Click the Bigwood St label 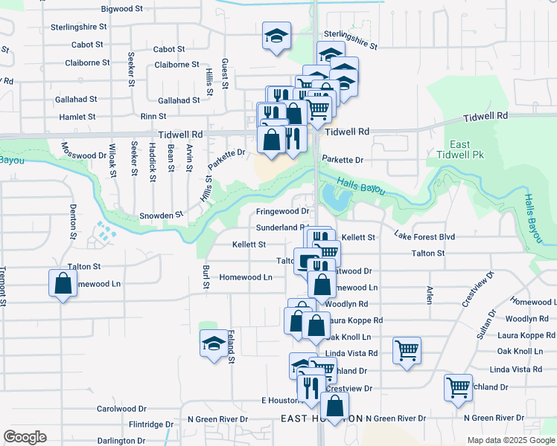tap(121, 9)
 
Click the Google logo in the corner tap(25, 437)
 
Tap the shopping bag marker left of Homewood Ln tap(63, 284)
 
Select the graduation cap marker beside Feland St tap(214, 344)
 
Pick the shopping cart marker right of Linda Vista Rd tap(407, 350)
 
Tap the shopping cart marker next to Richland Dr tap(458, 387)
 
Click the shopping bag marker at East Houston tap(336, 407)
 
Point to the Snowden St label tap(162, 215)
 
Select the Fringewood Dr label tap(282, 211)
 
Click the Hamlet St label tap(76, 117)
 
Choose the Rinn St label tap(153, 117)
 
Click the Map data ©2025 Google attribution tap(510, 440)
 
